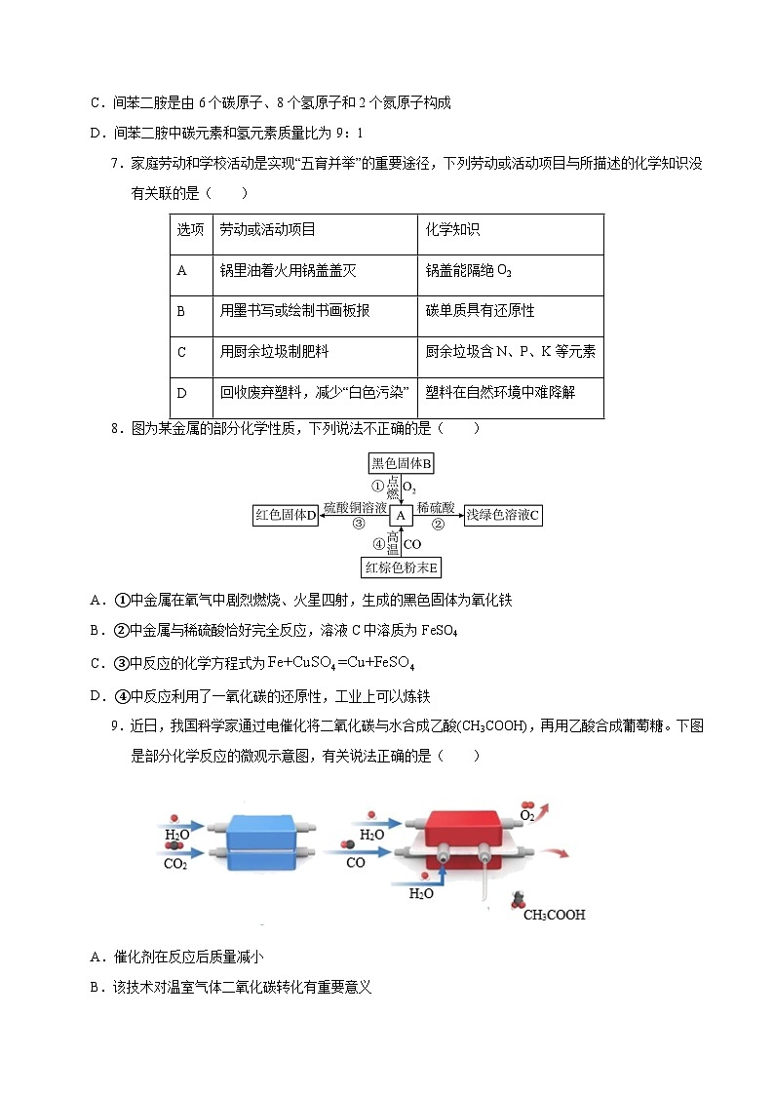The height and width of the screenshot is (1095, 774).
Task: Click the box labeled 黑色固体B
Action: pos(402,464)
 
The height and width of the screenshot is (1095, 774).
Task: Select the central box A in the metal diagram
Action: pos(401,515)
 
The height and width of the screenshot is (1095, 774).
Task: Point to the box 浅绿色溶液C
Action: pos(502,515)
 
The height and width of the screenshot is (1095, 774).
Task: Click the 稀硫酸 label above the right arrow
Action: pos(436,508)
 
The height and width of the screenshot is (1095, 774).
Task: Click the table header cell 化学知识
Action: pos(453,230)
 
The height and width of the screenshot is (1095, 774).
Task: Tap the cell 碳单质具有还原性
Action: pos(481,311)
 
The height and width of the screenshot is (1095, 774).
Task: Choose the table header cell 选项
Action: pos(190,230)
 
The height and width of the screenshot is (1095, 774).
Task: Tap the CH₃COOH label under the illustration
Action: pos(554,916)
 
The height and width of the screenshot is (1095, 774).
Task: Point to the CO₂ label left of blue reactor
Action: pos(175,863)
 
